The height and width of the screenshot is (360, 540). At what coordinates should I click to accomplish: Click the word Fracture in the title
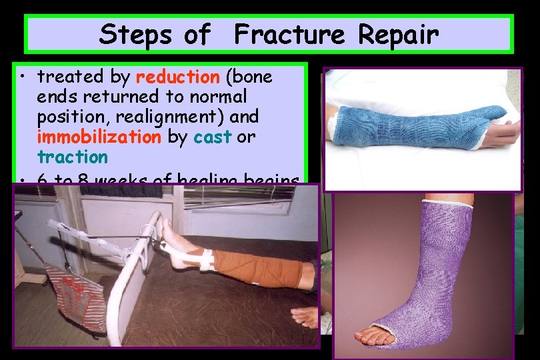287,34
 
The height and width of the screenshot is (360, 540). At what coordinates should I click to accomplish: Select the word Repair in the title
399,34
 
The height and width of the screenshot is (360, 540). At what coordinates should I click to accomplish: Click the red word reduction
177,77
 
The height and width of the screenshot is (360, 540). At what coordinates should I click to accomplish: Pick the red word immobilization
99,137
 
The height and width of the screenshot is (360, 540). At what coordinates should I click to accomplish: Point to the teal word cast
212,137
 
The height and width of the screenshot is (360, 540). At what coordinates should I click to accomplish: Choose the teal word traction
72,157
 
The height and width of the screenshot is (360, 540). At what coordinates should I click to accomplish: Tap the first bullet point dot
23,77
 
